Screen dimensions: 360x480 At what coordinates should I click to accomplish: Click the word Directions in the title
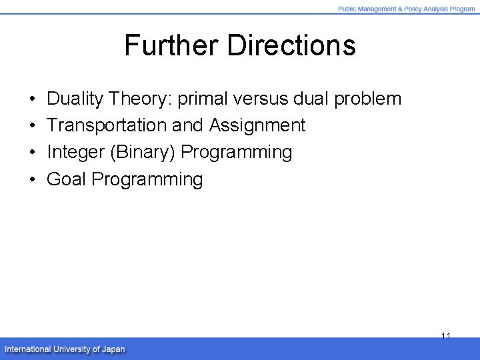pyautogui.click(x=291, y=46)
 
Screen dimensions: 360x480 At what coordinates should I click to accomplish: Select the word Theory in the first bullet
pyautogui.click(x=141, y=99)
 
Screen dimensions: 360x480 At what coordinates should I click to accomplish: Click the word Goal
pyautogui.click(x=67, y=179)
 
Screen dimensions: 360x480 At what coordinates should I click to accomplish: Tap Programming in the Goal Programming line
pyautogui.click(x=147, y=179)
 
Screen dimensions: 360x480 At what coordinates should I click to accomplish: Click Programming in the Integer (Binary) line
pyautogui.click(x=237, y=152)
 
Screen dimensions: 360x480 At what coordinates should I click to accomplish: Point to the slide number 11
pyautogui.click(x=446, y=336)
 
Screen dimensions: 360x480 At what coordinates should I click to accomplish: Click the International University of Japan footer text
pyautogui.click(x=65, y=349)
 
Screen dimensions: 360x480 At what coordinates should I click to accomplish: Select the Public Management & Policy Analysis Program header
pyautogui.click(x=406, y=9)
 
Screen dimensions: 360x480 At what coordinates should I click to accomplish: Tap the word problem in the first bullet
pyautogui.click(x=368, y=99)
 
